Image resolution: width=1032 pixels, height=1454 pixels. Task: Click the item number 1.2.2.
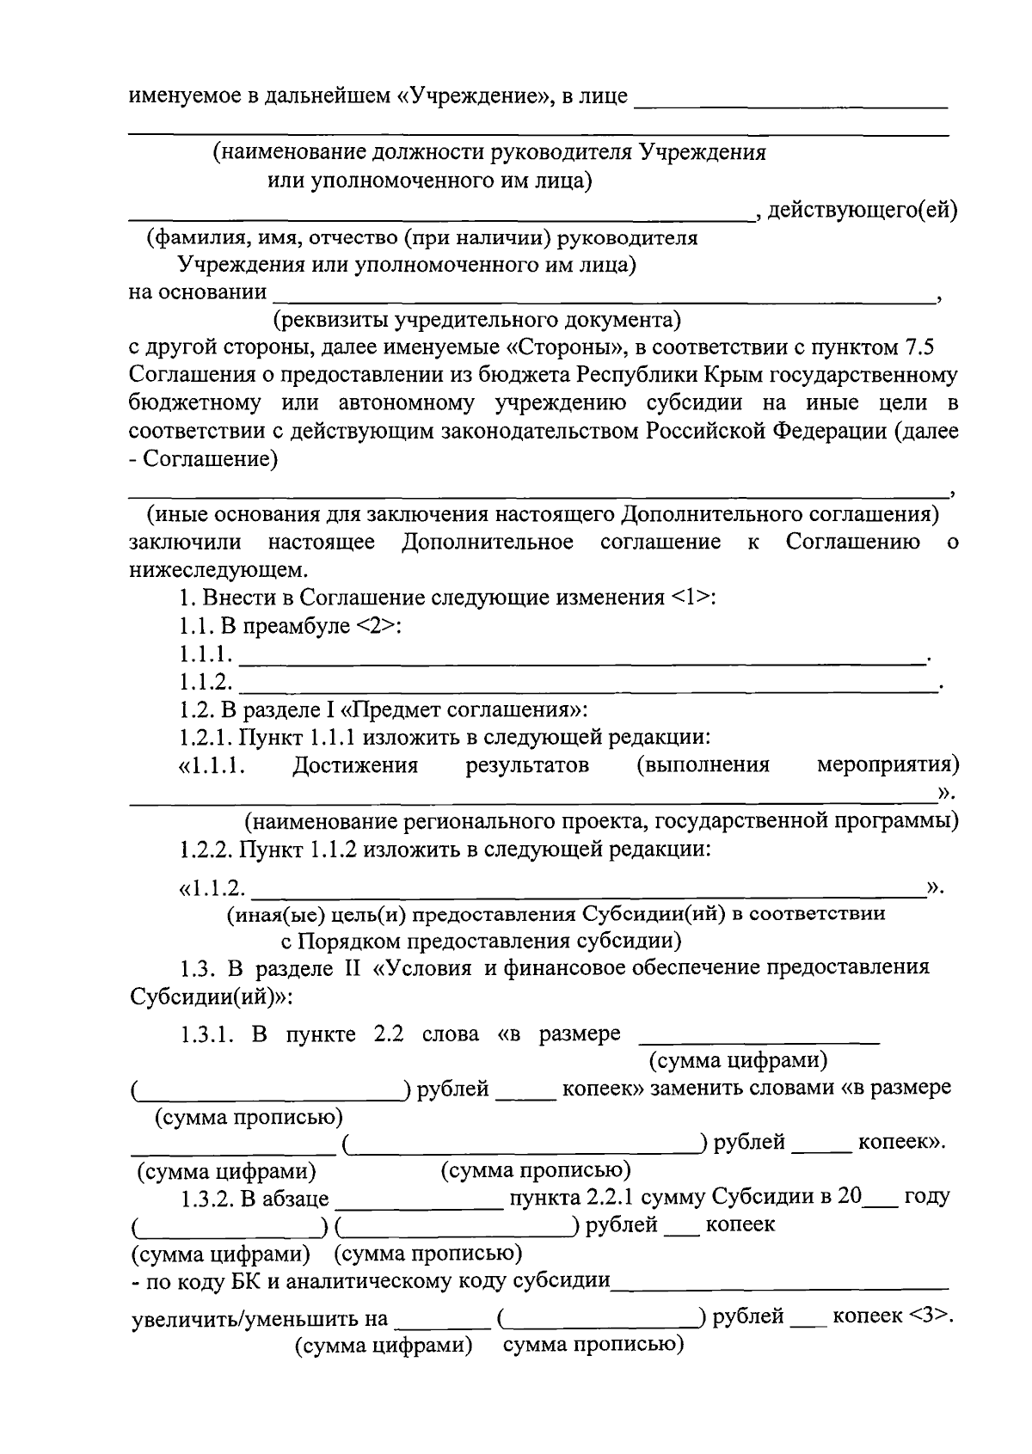(x=206, y=850)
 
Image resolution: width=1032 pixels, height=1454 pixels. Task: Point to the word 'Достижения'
(x=355, y=765)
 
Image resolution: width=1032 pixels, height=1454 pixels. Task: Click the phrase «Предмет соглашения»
(x=464, y=710)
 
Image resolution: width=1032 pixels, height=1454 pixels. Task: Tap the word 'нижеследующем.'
(x=218, y=569)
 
